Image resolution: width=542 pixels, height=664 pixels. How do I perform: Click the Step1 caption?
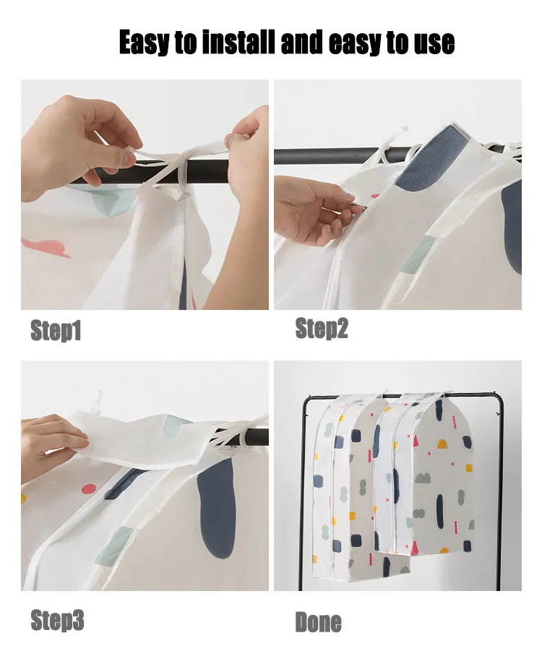(x=56, y=331)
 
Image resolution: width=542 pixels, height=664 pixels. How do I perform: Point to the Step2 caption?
(x=322, y=329)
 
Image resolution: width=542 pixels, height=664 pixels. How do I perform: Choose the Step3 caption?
(x=57, y=621)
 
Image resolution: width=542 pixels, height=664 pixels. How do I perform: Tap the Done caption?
(x=319, y=622)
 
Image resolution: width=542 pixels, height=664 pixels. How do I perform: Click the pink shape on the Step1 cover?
(x=46, y=249)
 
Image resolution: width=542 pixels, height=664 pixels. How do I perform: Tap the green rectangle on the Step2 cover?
(x=418, y=255)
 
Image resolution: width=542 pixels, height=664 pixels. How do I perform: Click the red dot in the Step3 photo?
(x=88, y=489)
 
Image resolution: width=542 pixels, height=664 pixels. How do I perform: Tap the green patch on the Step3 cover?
(x=113, y=546)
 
